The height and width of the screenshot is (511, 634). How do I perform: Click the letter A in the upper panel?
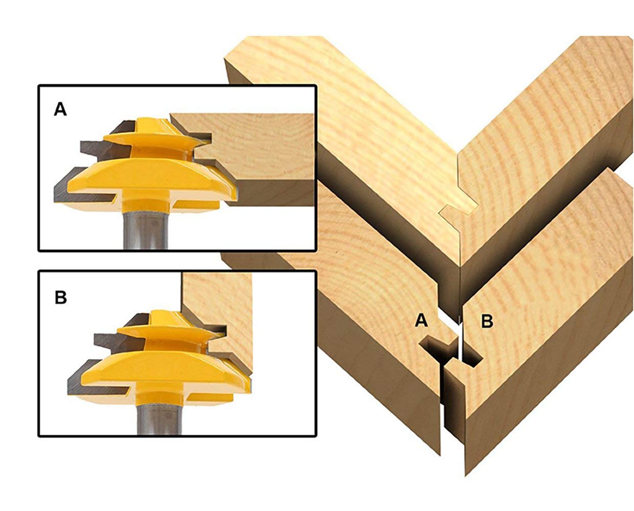[x=60, y=109]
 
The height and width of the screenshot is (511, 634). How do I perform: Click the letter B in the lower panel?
[x=61, y=297]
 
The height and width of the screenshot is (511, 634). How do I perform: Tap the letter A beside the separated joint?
[x=421, y=320]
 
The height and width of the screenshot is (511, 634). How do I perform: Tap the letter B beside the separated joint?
[x=487, y=321]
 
